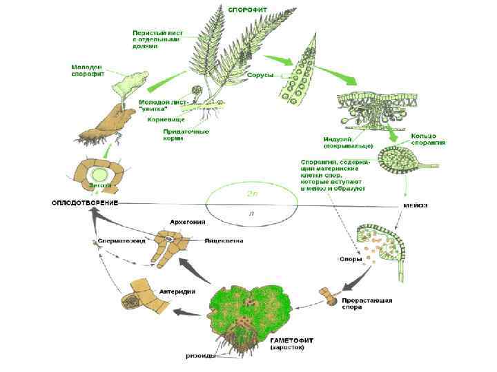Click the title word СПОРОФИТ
[249, 10]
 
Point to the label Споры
[346, 261]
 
